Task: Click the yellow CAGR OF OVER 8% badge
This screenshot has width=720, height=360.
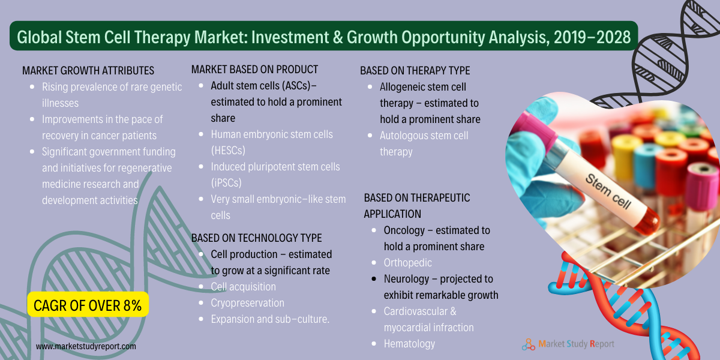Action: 88,304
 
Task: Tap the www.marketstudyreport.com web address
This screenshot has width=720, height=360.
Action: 86,346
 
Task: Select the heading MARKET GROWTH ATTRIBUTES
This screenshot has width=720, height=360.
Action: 88,71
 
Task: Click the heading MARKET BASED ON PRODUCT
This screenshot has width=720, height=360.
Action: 254,70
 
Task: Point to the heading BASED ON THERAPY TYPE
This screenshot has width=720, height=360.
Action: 415,71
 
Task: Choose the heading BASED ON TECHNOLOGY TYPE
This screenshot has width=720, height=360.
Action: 257,238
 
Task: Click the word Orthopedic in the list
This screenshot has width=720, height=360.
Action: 407,263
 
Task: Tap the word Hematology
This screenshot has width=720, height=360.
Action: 409,344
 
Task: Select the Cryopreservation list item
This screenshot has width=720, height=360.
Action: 247,303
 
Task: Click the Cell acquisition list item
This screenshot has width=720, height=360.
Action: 244,287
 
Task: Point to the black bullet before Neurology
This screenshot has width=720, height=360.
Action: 374,279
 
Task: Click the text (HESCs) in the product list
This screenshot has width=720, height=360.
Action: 228,151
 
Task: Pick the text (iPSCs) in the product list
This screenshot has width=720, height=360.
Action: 226,183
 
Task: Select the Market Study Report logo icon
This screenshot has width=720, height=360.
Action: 529,344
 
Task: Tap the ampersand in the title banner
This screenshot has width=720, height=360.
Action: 338,37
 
